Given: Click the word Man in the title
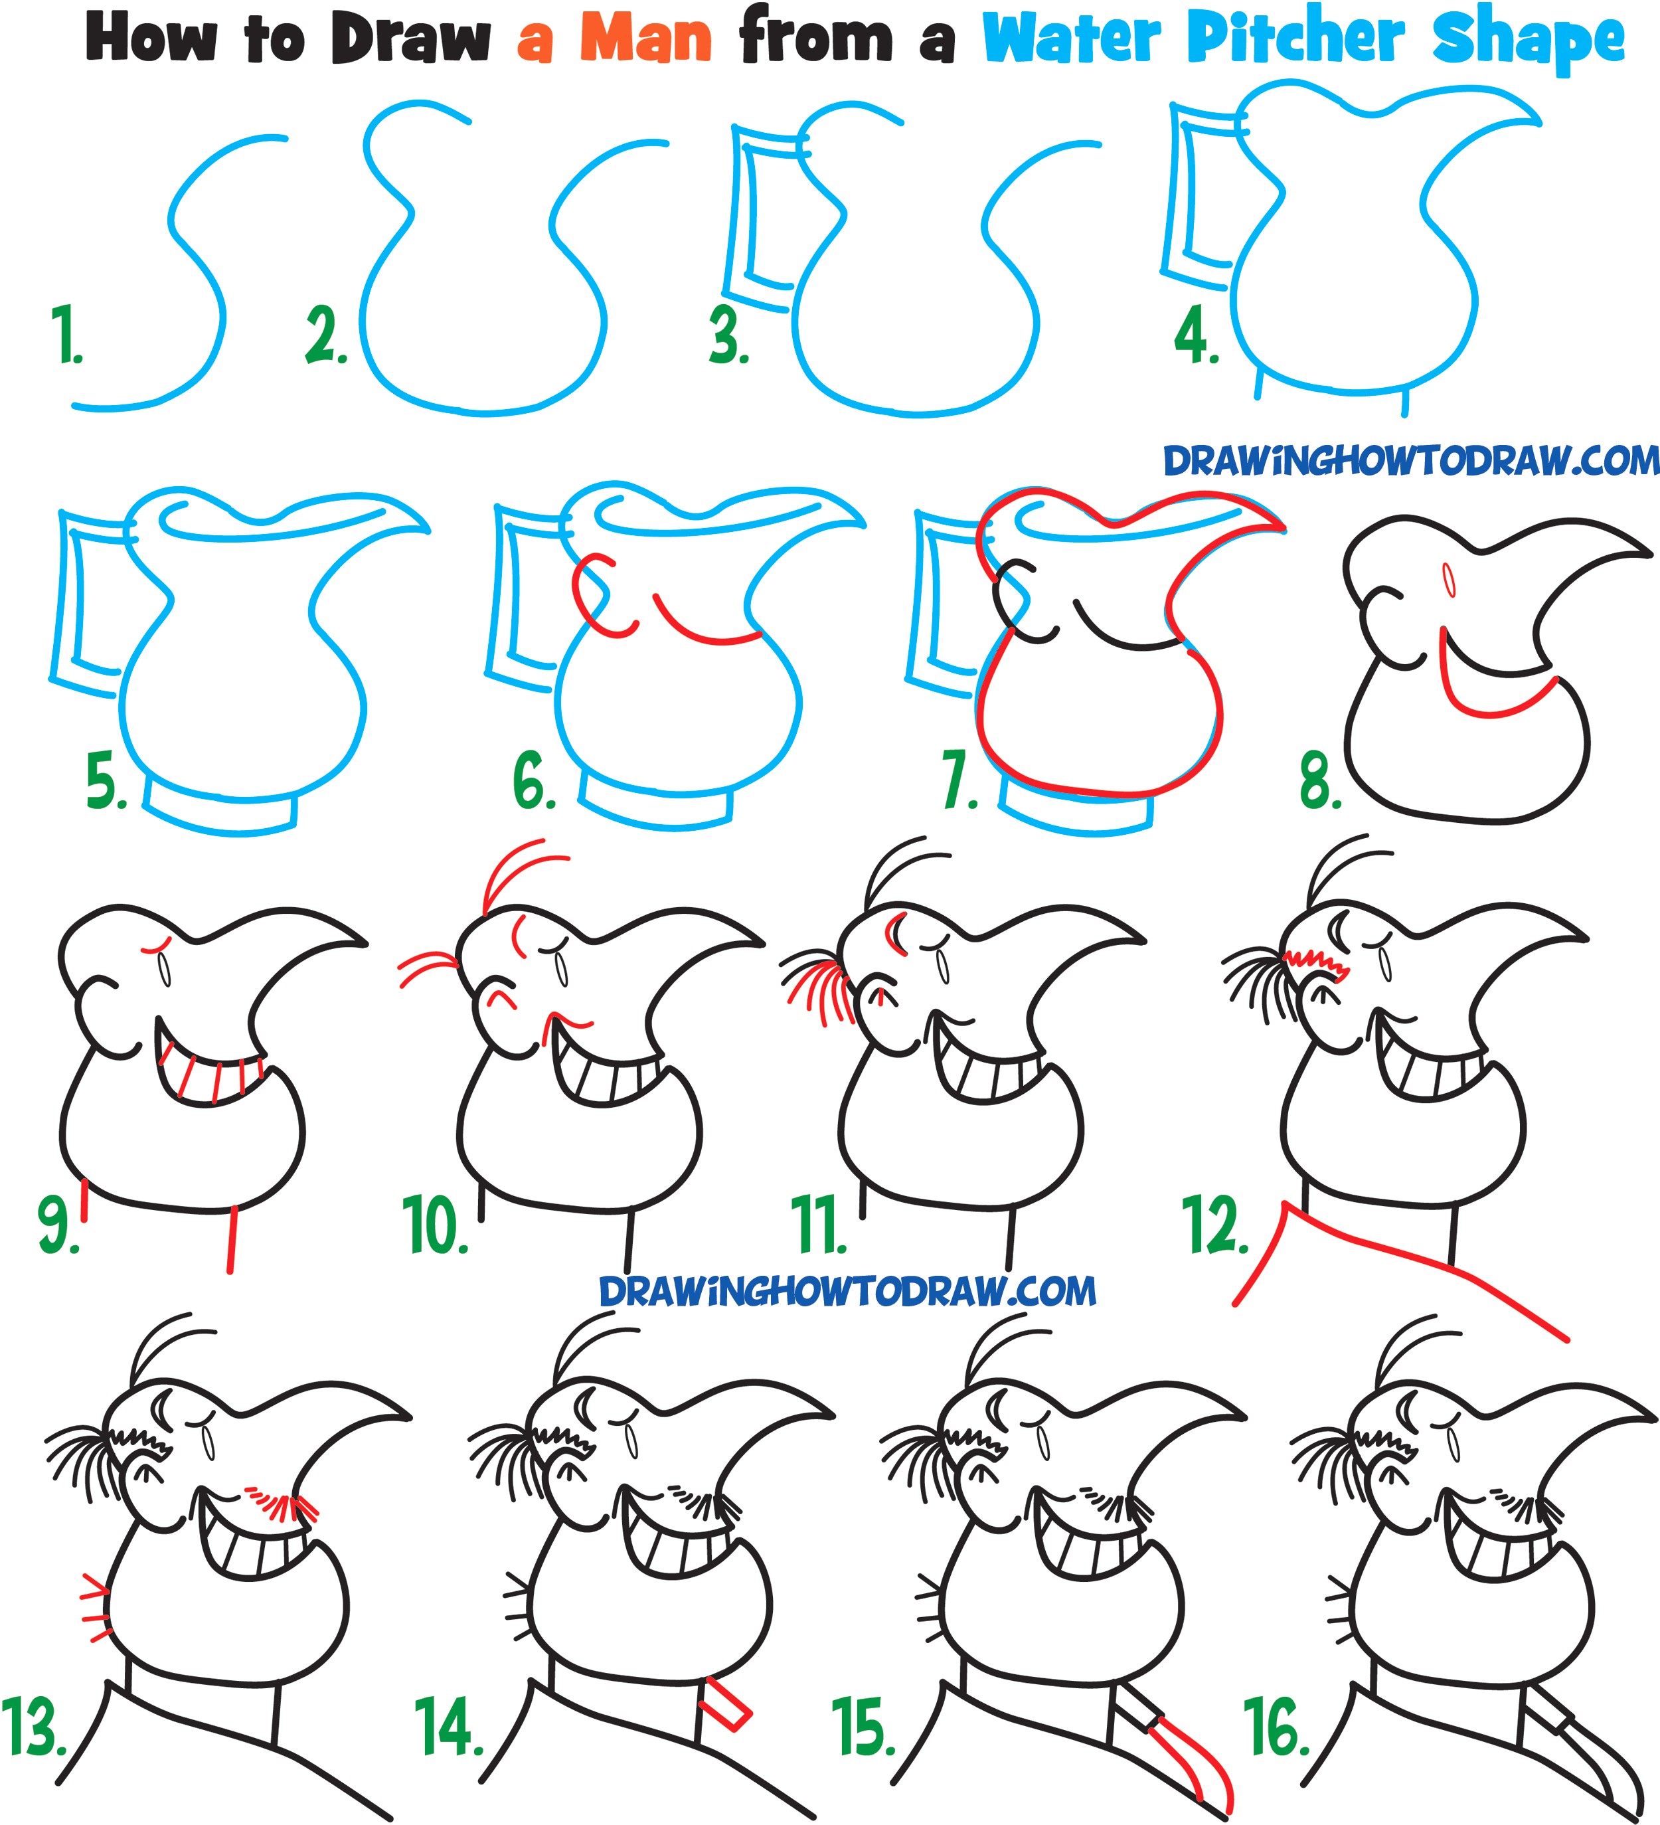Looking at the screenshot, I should coord(645,41).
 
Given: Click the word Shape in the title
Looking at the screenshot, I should coord(1528,41).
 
